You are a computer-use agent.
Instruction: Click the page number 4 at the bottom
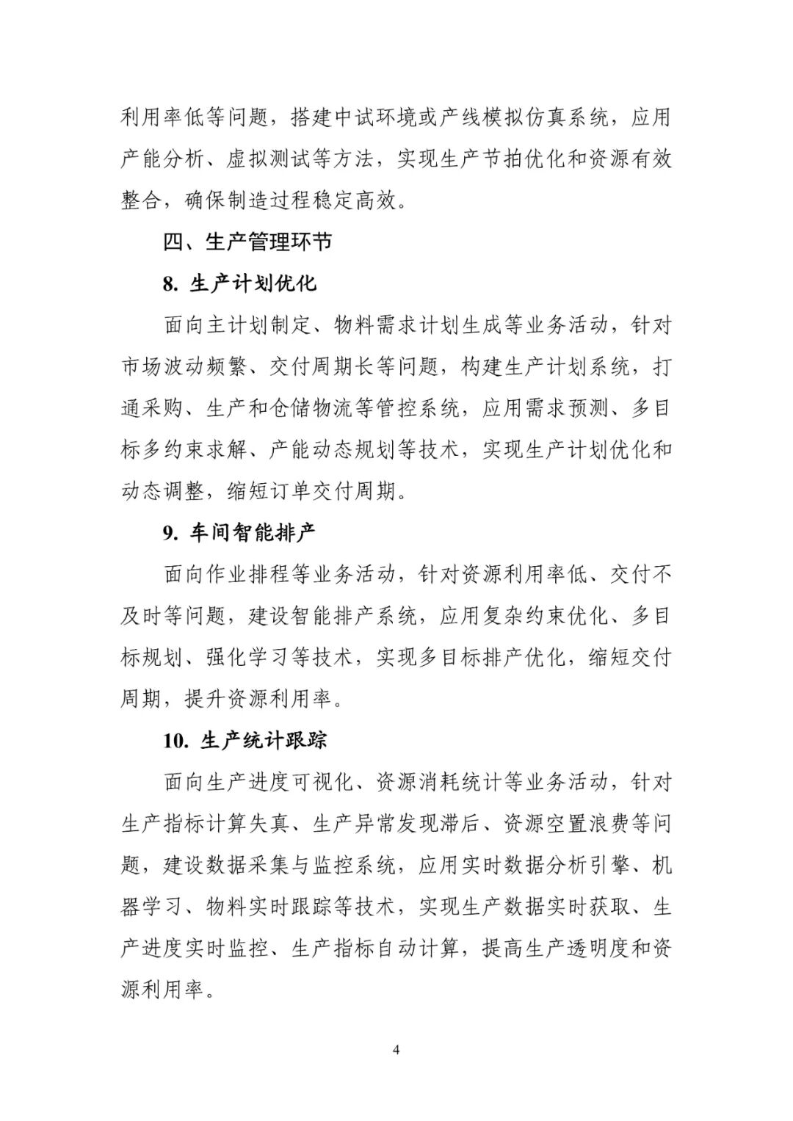[x=396, y=1049]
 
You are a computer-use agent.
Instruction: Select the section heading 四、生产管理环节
[x=247, y=242]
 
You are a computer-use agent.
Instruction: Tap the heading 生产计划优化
[x=253, y=283]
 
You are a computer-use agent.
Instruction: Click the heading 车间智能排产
[x=253, y=532]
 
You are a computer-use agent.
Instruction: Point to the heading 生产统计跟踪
[x=263, y=740]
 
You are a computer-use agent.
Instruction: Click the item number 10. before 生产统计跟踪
[x=176, y=741]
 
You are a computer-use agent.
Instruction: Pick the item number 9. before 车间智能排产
[x=171, y=533]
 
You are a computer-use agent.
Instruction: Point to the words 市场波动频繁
[x=184, y=366]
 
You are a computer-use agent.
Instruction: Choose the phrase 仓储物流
[x=311, y=408]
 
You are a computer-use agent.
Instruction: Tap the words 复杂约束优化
[x=544, y=616]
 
